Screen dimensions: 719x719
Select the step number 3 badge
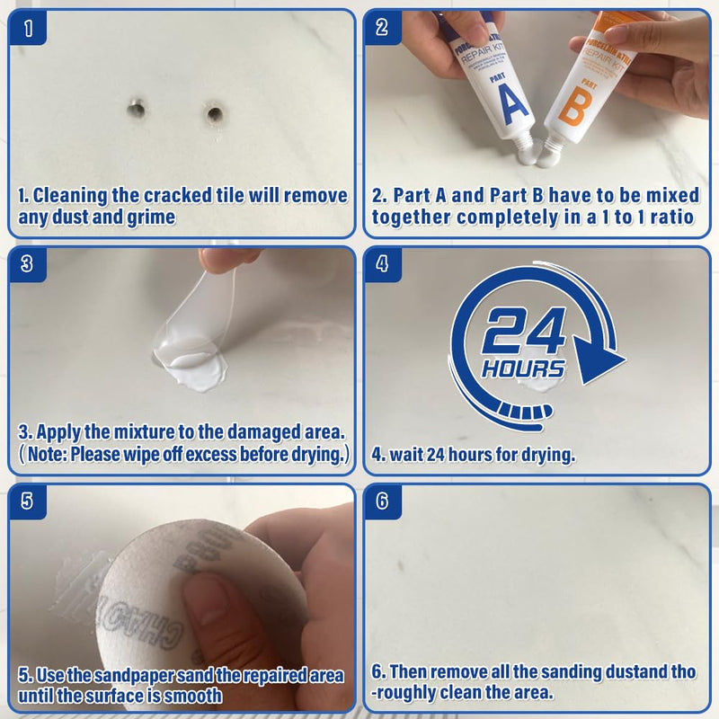point(30,263)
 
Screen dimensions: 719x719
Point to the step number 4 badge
point(383,263)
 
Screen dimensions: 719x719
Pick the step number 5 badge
point(30,501)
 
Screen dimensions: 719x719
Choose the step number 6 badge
point(383,501)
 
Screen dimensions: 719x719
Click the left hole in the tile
point(136,110)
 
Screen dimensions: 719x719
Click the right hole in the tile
point(214,114)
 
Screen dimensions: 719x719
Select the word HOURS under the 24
point(523,368)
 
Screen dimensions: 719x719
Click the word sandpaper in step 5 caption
point(117,675)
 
